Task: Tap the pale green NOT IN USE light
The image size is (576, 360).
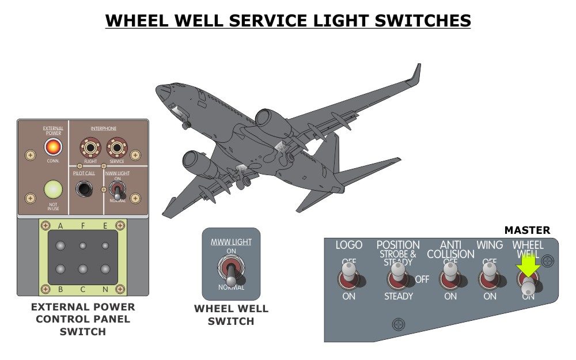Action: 53,190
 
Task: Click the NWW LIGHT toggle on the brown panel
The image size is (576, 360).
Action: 117,191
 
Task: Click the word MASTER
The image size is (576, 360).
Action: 527,230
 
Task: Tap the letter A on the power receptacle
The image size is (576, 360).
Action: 59,226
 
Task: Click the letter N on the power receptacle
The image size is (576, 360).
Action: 105,289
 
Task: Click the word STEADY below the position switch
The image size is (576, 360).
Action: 399,297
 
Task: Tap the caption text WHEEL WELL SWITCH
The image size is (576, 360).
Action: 230,315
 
